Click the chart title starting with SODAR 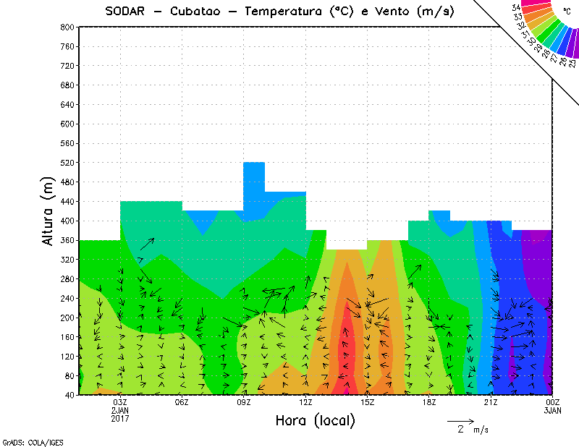point(279,12)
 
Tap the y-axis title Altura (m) point(48,210)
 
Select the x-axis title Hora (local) point(315,420)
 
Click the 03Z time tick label point(120,402)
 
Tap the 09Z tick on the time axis point(244,402)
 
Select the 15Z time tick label point(367,402)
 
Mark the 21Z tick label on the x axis point(491,402)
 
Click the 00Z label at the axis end point(552,402)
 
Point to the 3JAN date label point(552,410)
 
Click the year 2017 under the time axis point(120,418)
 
